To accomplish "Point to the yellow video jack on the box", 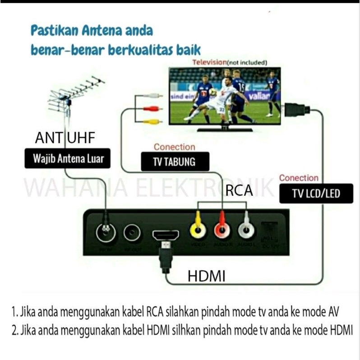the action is pos(198,230).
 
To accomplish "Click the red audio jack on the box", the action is pos(222,231).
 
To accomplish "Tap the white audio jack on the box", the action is pos(246,231).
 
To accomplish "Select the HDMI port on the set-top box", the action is pos(166,235).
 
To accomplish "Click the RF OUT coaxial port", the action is pos(132,233).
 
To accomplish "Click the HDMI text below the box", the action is pos(206,276).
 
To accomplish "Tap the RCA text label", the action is pos(239,191).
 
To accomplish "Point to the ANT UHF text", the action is pos(65,138).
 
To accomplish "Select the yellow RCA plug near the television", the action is pos(153,121).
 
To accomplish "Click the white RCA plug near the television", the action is pos(153,96).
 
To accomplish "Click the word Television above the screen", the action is pos(209,62).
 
